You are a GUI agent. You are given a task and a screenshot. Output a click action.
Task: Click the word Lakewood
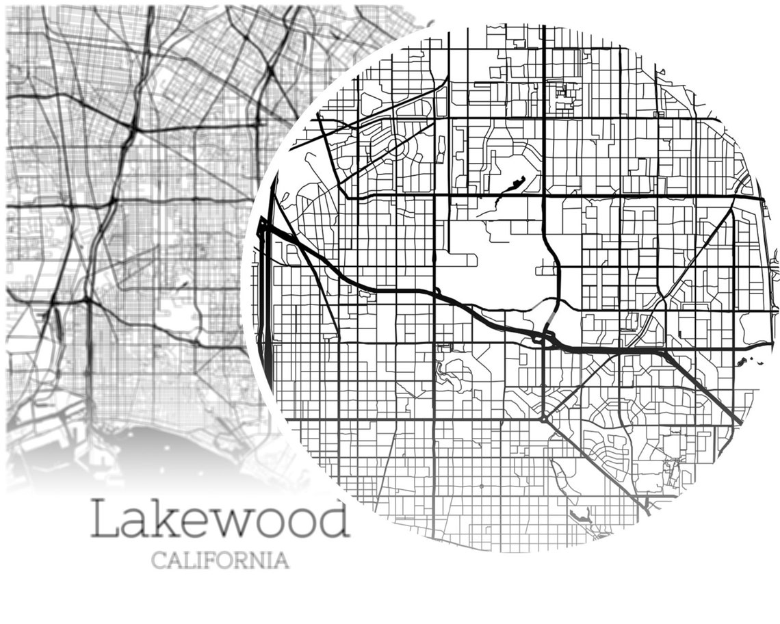pyautogui.click(x=220, y=519)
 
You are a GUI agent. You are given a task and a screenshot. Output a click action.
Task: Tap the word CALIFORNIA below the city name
pyautogui.click(x=220, y=560)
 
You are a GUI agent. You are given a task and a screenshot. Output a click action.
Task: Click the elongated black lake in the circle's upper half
pyautogui.click(x=512, y=185)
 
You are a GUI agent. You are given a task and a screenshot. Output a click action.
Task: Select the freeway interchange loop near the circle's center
pyautogui.click(x=543, y=337)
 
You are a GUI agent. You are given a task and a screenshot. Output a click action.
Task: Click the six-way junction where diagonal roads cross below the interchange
pyautogui.click(x=543, y=418)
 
